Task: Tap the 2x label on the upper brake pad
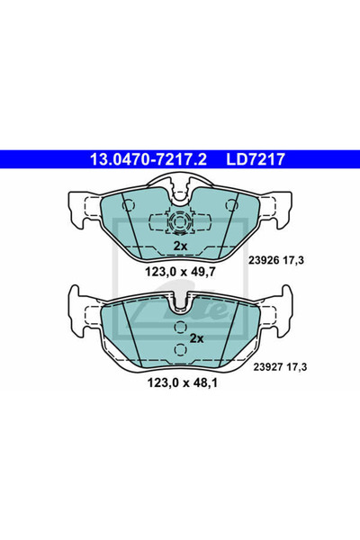(x=180, y=245)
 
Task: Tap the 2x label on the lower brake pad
(x=196, y=337)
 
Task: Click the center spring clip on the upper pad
(x=180, y=220)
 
